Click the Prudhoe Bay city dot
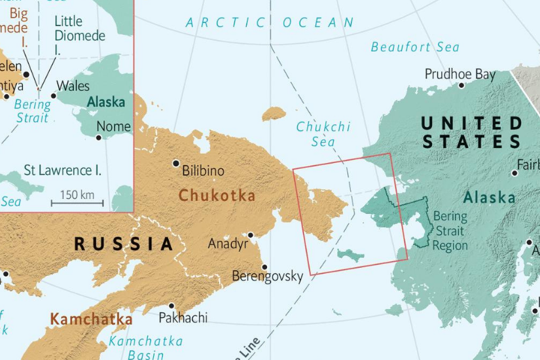pyautogui.click(x=461, y=85)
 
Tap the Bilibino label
pyautogui.click(x=203, y=171)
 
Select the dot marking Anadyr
pyautogui.click(x=250, y=235)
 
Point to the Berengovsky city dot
pyautogui.click(x=264, y=267)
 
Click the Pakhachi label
pyautogui.click(x=183, y=317)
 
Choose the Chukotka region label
pyautogui.click(x=217, y=195)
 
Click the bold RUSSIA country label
pyautogui.click(x=124, y=244)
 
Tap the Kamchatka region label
pyautogui.click(x=91, y=319)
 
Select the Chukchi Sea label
pyautogui.click(x=323, y=134)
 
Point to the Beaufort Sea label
pyautogui.click(x=415, y=47)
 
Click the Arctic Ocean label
pyautogui.click(x=270, y=23)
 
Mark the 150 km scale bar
pyautogui.click(x=77, y=203)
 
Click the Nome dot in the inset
pyautogui.click(x=99, y=137)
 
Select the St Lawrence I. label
pyautogui.click(x=62, y=170)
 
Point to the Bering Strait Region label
pyautogui.click(x=450, y=230)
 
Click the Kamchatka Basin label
pyautogui.click(x=145, y=348)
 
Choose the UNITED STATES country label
pyautogui.click(x=471, y=132)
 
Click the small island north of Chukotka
pyautogui.click(x=274, y=115)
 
